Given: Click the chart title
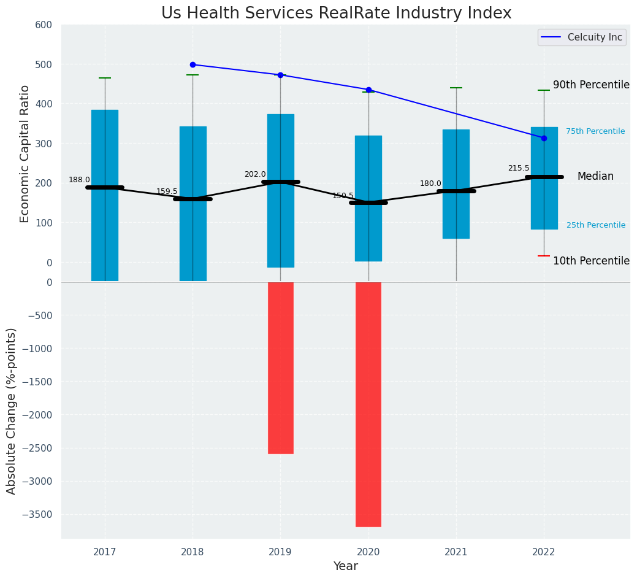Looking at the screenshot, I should pyautogui.click(x=336, y=13).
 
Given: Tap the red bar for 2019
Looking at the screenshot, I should pyautogui.click(x=281, y=368).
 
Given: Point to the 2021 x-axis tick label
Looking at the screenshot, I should pyautogui.click(x=456, y=553).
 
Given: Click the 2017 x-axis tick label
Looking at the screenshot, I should pyautogui.click(x=105, y=553).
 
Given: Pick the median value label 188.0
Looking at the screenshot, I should pyautogui.click(x=79, y=180).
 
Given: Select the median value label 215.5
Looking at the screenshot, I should pyautogui.click(x=519, y=168).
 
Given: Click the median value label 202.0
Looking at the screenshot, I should pyautogui.click(x=255, y=175).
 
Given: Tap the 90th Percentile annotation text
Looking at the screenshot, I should pyautogui.click(x=591, y=85).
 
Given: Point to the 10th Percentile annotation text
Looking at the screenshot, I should pyautogui.click(x=591, y=261).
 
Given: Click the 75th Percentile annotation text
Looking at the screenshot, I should pyautogui.click(x=595, y=131).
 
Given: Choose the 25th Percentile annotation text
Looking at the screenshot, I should pyautogui.click(x=596, y=225).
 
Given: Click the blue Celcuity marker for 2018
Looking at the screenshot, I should pyautogui.click(x=193, y=64).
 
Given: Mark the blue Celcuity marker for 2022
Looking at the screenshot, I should pyautogui.click(x=544, y=138).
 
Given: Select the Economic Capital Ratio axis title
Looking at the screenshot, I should pyautogui.click(x=25, y=153).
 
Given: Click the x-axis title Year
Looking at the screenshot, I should pyautogui.click(x=346, y=566).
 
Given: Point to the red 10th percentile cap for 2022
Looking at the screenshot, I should pyautogui.click(x=544, y=256).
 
